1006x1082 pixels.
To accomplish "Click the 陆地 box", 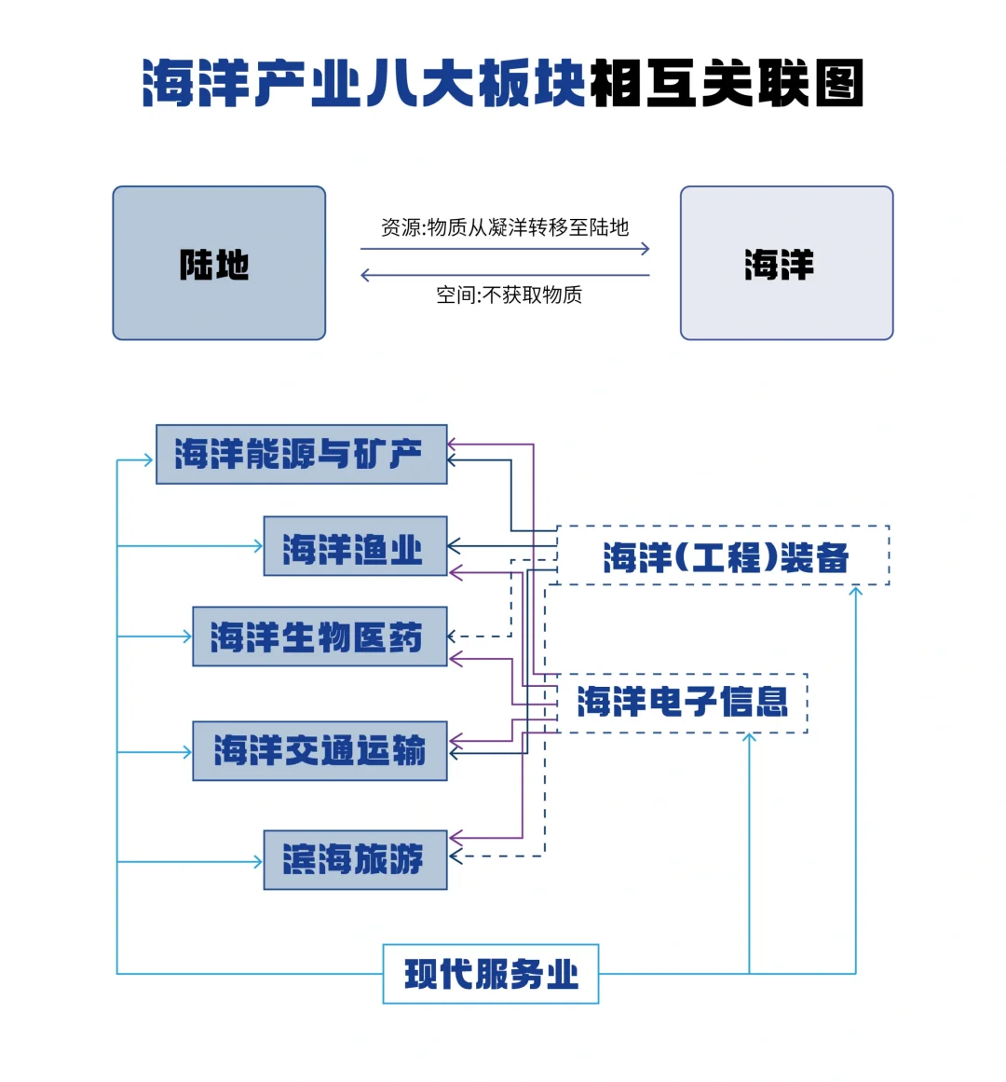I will point(219,264).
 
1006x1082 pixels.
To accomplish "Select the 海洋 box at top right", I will point(786,264).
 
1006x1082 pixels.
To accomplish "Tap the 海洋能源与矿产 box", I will point(301,455).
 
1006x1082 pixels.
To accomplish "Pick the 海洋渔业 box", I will point(355,547).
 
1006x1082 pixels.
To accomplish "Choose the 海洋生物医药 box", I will point(319,637).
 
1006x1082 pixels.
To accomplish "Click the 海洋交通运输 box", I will point(319,751).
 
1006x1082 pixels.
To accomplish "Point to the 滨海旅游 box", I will point(355,859).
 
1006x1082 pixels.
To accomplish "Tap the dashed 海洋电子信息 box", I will point(681,703).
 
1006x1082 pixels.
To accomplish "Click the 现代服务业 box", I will point(490,974).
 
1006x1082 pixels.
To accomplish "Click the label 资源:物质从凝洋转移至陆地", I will point(504,227).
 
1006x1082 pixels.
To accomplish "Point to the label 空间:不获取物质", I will point(509,295).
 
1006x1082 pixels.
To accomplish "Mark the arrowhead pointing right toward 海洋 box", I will point(645,249).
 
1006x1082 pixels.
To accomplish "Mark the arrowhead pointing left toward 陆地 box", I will point(365,275).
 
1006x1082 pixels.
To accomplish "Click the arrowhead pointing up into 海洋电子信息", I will point(749,738).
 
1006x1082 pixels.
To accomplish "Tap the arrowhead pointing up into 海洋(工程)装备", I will point(855,591).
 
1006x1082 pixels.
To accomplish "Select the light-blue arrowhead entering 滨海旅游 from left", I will point(258,862).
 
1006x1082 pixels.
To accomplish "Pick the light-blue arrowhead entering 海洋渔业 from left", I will point(258,547).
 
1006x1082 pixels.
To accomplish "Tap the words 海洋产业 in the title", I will point(251,84).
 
